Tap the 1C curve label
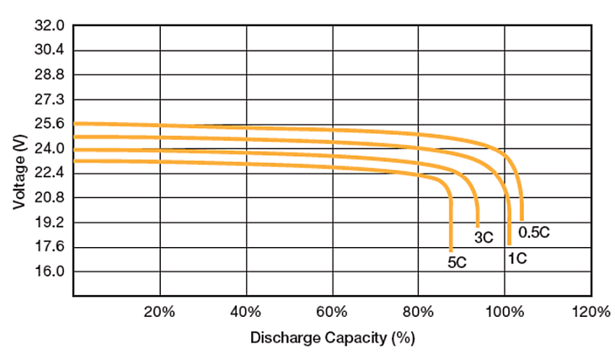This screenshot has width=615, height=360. point(516,257)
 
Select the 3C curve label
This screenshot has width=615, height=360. point(484,238)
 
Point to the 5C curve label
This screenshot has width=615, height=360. point(457,262)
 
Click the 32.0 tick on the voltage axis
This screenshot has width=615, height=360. point(50,26)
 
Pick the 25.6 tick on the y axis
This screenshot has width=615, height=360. point(50,125)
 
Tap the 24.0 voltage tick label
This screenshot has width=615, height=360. point(50,149)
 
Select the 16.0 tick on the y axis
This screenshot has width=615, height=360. point(50,272)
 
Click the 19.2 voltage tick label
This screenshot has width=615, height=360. point(50,223)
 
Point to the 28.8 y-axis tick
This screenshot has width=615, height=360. point(50,75)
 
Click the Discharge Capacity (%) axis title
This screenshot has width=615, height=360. point(333,339)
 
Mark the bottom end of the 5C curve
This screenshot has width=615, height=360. point(452,250)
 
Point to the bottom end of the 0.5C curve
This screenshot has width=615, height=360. point(521,220)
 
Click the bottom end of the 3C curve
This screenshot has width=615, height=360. point(478,227)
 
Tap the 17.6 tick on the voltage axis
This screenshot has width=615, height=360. point(50,248)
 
